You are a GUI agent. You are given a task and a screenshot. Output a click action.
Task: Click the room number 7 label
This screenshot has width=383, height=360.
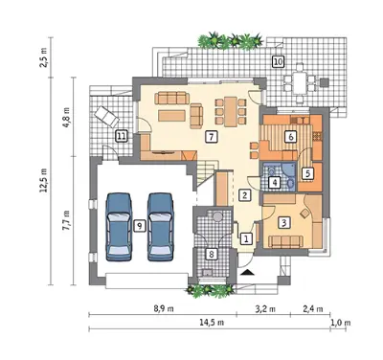[x=211, y=137]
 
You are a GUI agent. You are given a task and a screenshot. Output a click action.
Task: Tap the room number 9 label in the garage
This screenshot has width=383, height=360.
[x=138, y=226]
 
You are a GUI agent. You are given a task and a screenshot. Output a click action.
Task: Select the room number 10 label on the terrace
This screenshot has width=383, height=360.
[x=278, y=61]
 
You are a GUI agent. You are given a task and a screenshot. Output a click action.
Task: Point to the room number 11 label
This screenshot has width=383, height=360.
[x=121, y=137]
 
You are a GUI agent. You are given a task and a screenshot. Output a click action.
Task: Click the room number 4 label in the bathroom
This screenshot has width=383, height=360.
[x=275, y=183]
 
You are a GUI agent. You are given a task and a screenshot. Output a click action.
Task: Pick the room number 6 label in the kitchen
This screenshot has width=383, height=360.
[x=290, y=137]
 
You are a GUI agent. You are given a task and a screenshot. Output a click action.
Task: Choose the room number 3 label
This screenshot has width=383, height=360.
[x=283, y=222]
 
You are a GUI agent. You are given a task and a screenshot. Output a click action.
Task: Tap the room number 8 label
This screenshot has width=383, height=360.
[x=211, y=254]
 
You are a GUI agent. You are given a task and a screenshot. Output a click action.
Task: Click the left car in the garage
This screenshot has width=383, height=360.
[x=120, y=227]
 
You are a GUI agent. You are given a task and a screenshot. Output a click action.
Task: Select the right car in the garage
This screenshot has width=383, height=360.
[x=161, y=227]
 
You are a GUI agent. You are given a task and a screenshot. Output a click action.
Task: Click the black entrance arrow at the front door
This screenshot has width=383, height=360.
[x=247, y=272]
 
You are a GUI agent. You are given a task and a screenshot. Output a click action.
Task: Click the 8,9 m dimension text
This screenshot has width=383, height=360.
[x=164, y=309]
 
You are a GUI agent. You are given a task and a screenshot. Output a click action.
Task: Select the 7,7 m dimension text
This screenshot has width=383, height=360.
[x=67, y=220]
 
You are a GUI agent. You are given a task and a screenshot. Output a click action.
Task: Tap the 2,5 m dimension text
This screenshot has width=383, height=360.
[x=43, y=57]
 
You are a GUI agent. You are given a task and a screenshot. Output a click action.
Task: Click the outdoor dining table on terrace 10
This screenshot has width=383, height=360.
[x=300, y=83]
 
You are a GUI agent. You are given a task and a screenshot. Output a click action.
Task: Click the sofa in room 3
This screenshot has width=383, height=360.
[x=286, y=241]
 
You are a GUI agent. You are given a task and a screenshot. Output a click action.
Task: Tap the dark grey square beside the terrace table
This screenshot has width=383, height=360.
[x=325, y=82]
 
